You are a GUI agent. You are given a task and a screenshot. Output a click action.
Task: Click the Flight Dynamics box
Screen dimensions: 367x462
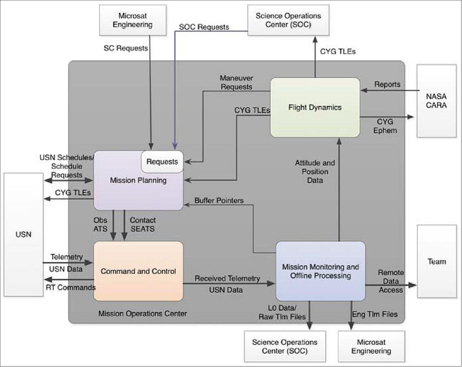(x=315, y=107)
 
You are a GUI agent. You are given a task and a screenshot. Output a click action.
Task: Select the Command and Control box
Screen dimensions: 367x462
(x=138, y=271)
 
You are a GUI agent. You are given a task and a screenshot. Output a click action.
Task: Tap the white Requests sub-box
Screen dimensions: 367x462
(x=162, y=162)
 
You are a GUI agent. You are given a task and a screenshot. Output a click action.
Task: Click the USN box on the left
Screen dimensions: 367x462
(x=23, y=234)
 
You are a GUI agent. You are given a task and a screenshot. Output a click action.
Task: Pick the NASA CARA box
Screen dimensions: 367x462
(x=436, y=101)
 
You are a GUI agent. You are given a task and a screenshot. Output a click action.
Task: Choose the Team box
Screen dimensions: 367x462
(x=437, y=261)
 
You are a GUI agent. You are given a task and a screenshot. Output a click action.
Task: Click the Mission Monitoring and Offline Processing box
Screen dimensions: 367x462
(x=320, y=271)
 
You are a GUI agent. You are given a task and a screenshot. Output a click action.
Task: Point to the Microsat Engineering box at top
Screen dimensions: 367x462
(x=133, y=20)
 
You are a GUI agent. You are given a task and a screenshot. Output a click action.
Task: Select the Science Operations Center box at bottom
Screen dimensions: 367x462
(x=284, y=346)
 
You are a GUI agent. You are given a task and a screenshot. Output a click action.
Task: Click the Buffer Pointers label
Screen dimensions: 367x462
(x=219, y=201)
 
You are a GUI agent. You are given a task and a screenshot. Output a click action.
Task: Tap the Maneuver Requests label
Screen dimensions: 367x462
(x=236, y=82)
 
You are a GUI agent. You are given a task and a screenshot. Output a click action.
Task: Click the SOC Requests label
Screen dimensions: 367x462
(x=204, y=27)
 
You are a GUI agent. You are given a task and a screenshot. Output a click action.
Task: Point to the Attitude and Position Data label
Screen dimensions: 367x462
(x=315, y=171)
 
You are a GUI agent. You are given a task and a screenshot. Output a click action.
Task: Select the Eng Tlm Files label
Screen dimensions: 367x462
(x=375, y=314)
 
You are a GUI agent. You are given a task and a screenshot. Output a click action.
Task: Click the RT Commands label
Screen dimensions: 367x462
(x=71, y=287)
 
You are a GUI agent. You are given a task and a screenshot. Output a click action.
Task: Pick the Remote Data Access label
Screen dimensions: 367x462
(x=391, y=281)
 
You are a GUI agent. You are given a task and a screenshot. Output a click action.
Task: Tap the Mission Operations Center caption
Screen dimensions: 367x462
(x=143, y=314)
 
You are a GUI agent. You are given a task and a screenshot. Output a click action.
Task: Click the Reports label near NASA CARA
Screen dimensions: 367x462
(x=387, y=84)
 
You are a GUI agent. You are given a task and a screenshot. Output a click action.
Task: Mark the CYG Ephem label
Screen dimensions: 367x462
(x=385, y=126)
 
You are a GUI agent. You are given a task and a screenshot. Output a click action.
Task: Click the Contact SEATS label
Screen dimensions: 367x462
(x=142, y=224)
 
